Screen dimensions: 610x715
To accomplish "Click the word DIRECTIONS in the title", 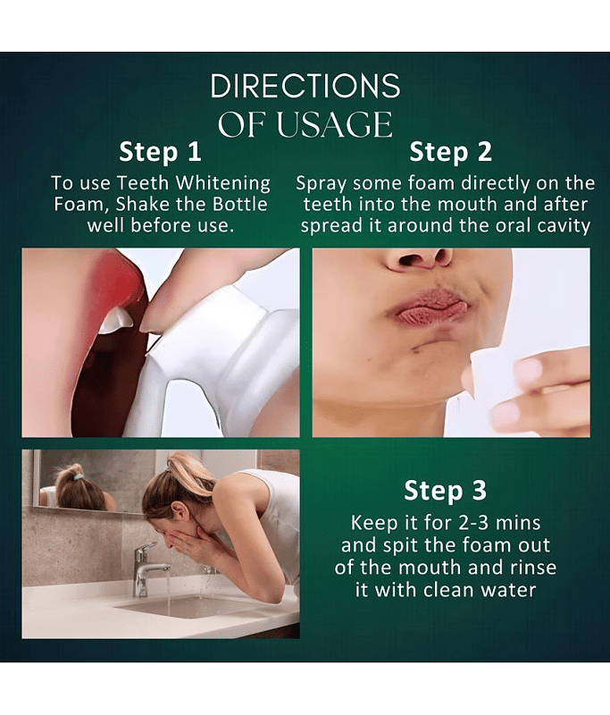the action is (305, 86).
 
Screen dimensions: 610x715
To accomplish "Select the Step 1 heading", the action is (160, 152).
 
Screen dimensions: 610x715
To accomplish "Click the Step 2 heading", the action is (450, 152).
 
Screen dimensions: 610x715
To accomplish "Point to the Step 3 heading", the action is (445, 491).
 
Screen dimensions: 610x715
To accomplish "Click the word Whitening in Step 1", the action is (223, 183).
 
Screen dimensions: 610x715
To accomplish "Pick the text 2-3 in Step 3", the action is (474, 523).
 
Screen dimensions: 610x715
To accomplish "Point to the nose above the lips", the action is (417, 258).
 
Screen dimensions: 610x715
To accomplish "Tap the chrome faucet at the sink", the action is (146, 568).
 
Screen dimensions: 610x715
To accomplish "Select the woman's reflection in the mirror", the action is (79, 488).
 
